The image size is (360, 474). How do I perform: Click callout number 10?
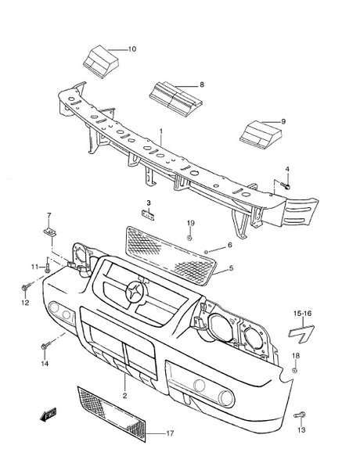132,49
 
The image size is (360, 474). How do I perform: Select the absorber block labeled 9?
261,135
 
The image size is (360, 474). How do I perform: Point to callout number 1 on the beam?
161,132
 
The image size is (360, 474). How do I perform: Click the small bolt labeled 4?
286,185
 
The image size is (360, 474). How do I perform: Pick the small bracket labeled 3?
148,214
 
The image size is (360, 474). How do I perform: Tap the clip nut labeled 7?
50,232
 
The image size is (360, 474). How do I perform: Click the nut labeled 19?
189,238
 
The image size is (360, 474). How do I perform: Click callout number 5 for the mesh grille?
231,268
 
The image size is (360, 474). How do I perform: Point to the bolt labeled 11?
47,268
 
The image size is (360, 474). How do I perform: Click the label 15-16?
302,314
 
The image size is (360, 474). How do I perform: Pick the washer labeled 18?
295,371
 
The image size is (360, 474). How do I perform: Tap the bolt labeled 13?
300,415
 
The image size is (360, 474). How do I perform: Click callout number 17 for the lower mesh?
170,433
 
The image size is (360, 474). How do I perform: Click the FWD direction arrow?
48,415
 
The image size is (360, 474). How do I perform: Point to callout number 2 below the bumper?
124,396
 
